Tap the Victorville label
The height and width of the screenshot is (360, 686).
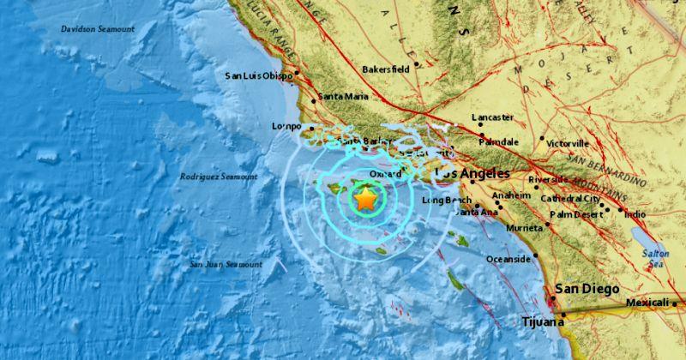(568, 143)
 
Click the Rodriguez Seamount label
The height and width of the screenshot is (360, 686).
(219, 177)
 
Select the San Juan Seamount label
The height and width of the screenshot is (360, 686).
(226, 265)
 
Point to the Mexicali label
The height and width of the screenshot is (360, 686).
(647, 303)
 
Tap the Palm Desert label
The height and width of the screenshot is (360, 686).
(576, 214)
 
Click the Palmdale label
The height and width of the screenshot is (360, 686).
(499, 141)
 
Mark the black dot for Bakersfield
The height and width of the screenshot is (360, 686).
(416, 63)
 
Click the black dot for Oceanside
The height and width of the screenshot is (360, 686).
(535, 255)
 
